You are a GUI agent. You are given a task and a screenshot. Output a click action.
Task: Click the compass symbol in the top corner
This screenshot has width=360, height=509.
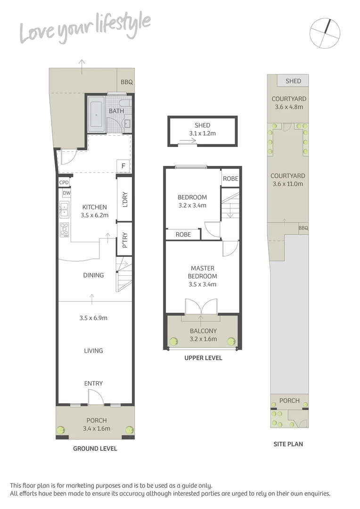(x=325, y=33)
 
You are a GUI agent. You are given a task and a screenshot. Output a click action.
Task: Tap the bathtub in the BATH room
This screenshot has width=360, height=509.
(x=96, y=115)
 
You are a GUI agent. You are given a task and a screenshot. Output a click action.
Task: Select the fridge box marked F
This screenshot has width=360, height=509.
(x=123, y=166)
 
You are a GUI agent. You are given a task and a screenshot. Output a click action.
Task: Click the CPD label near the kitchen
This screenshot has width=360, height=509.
(x=64, y=182)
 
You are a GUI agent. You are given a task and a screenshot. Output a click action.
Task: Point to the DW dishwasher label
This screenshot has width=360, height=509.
(x=66, y=193)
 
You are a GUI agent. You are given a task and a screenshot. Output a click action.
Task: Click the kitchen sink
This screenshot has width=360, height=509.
(x=65, y=209)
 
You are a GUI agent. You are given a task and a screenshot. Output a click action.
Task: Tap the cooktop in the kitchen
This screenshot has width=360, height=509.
(x=65, y=230)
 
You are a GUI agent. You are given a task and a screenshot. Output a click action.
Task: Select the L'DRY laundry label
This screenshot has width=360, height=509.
(x=125, y=199)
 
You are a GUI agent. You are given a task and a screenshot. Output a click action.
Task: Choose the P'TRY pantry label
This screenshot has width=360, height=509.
(x=125, y=240)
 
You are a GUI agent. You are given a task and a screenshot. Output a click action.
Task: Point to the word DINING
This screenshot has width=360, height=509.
(x=93, y=275)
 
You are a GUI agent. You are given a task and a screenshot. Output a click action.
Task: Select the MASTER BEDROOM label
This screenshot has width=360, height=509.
(x=203, y=276)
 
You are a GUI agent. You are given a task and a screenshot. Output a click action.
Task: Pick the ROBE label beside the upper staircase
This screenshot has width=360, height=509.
(x=230, y=179)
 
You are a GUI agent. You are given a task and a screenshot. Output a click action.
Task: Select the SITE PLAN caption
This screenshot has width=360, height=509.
(x=288, y=444)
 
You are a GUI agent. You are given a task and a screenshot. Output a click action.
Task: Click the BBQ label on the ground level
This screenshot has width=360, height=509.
(x=127, y=82)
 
